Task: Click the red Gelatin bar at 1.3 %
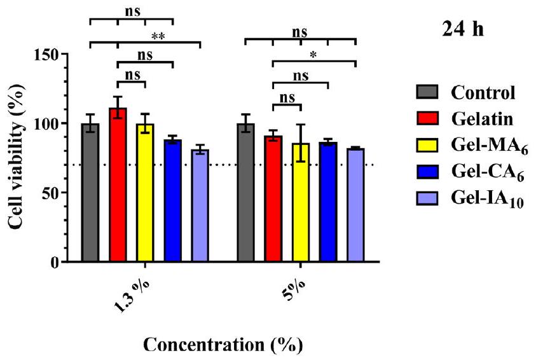click(118, 184)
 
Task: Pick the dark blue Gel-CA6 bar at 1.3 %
click(172, 200)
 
